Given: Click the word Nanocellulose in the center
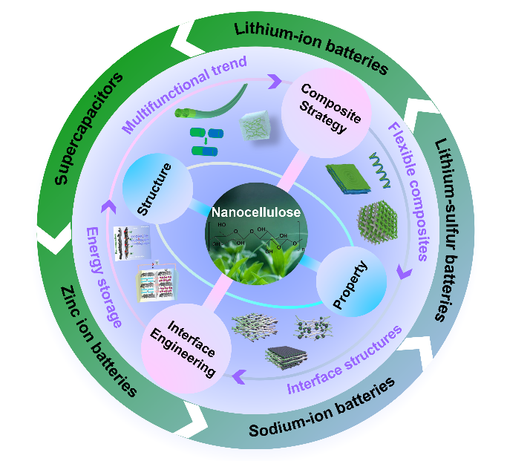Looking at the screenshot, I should point(255,212).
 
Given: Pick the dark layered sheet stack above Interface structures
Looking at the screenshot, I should point(290,356).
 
